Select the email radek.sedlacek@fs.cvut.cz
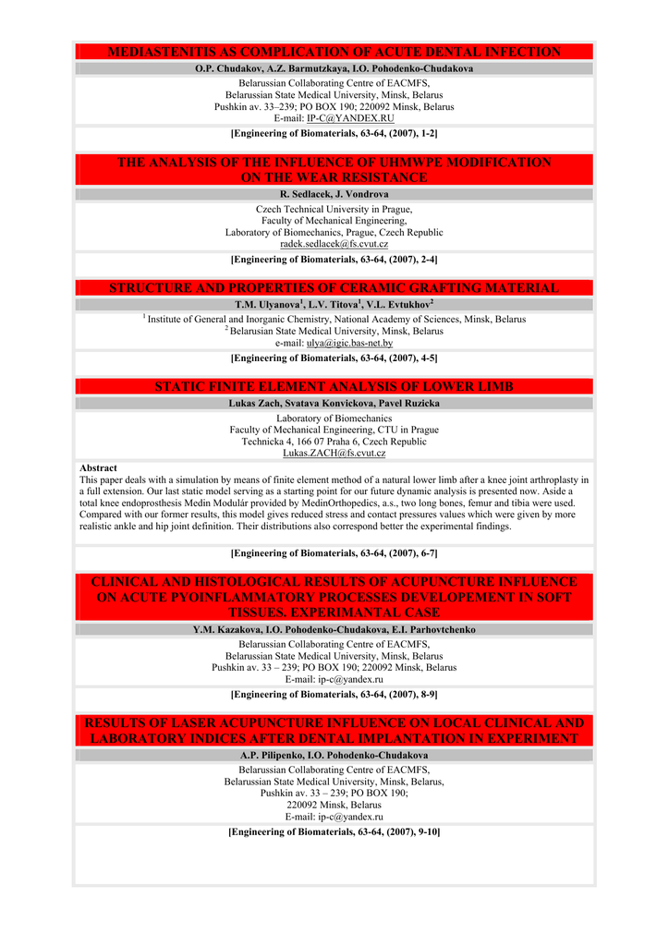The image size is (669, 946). point(334,245)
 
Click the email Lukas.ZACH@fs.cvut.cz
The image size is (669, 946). point(334,454)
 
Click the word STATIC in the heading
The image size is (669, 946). point(182,386)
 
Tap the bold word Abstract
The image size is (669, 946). point(98,468)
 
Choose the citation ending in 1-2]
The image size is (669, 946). point(334,134)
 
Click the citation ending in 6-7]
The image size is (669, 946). point(334,553)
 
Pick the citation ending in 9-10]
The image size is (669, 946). point(334,832)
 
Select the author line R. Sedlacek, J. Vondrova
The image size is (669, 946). point(334,195)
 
